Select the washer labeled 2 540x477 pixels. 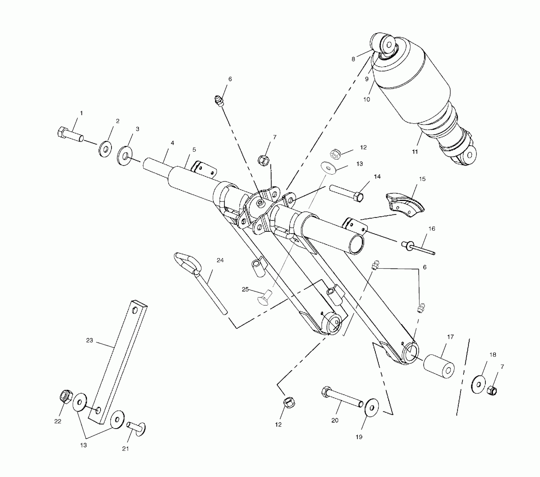pyautogui.click(x=105, y=149)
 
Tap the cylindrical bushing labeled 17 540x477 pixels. pyautogui.click(x=439, y=367)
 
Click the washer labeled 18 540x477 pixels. pyautogui.click(x=479, y=384)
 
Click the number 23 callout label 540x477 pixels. pyautogui.click(x=90, y=340)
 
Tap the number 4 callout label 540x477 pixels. pyautogui.click(x=172, y=143)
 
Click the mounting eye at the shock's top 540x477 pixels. pyautogui.click(x=387, y=43)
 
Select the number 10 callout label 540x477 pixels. pyautogui.click(x=367, y=99)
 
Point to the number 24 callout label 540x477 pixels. pyautogui.click(x=220, y=260)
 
